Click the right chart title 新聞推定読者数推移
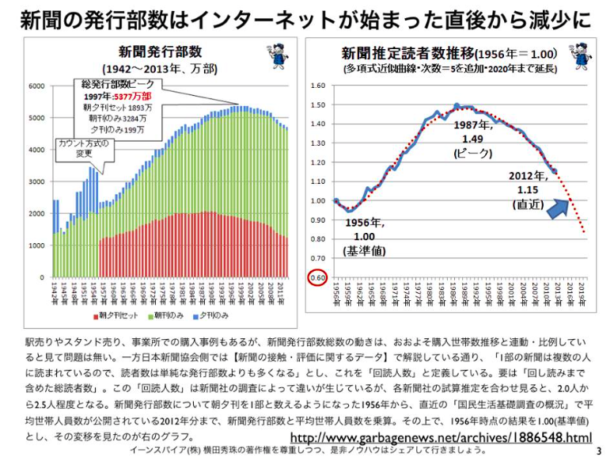pos(408,54)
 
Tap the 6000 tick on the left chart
pos(36,85)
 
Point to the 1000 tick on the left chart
pos(36,246)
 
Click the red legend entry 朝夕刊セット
pos(116,314)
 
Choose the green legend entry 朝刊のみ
pos(175,314)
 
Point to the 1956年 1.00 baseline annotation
pos(360,236)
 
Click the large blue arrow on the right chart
pos(559,208)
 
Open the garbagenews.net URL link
pos(442,437)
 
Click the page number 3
pos(598,452)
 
